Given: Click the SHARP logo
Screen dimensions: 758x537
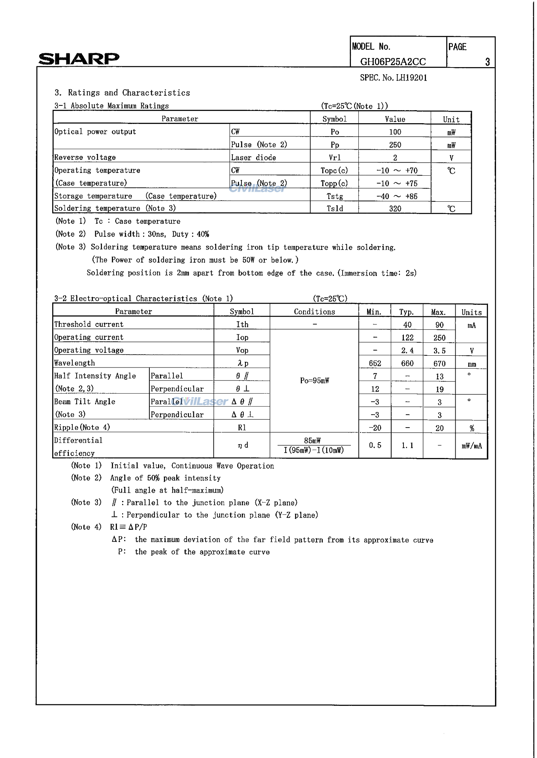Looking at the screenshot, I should pyautogui.click(x=79, y=59).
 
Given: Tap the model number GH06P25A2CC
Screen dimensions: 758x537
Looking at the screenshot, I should pyautogui.click(x=393, y=62).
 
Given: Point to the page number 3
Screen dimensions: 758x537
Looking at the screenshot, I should pyautogui.click(x=487, y=62).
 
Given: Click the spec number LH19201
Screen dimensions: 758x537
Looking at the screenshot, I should pyautogui.click(x=394, y=78).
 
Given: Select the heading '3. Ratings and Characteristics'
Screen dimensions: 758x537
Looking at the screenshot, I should pyautogui.click(x=122, y=93).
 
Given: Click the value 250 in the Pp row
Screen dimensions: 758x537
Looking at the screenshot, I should pyautogui.click(x=395, y=145).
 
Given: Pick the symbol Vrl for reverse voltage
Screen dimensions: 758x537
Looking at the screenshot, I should pyautogui.click(x=334, y=158).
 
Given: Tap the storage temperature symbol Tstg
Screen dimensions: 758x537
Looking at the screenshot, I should pyautogui.click(x=334, y=196).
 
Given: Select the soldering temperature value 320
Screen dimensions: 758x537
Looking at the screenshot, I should pyautogui.click(x=395, y=209).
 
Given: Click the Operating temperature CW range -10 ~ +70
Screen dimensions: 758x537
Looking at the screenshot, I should pyautogui.click(x=397, y=171).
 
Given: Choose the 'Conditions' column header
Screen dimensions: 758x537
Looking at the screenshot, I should pyautogui.click(x=314, y=312).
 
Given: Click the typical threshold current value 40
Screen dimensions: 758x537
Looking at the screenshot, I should pyautogui.click(x=407, y=325).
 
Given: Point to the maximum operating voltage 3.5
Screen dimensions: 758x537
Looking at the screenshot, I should pyautogui.click(x=439, y=351).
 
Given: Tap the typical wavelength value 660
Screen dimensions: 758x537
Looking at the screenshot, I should pyautogui.click(x=407, y=364).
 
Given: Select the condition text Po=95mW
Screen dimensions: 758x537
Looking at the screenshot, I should pyautogui.click(x=314, y=381).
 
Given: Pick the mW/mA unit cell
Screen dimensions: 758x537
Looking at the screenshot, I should pyautogui.click(x=471, y=446).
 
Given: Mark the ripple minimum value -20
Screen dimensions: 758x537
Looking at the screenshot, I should pyautogui.click(x=375, y=428).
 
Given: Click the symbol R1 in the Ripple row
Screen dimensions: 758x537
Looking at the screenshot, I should pyautogui.click(x=242, y=428).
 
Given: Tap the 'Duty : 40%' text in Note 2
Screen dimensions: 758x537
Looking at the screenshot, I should pyautogui.click(x=190, y=234).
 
